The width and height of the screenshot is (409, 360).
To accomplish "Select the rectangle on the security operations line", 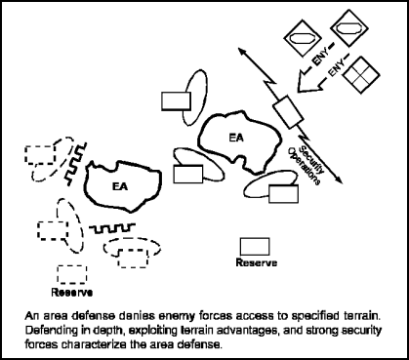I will (x=287, y=112).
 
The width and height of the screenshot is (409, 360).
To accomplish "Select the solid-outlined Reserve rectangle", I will (x=255, y=244).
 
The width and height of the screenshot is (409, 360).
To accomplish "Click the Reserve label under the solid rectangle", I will (x=255, y=262).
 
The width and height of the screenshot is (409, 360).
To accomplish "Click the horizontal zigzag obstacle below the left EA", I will (x=107, y=227).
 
